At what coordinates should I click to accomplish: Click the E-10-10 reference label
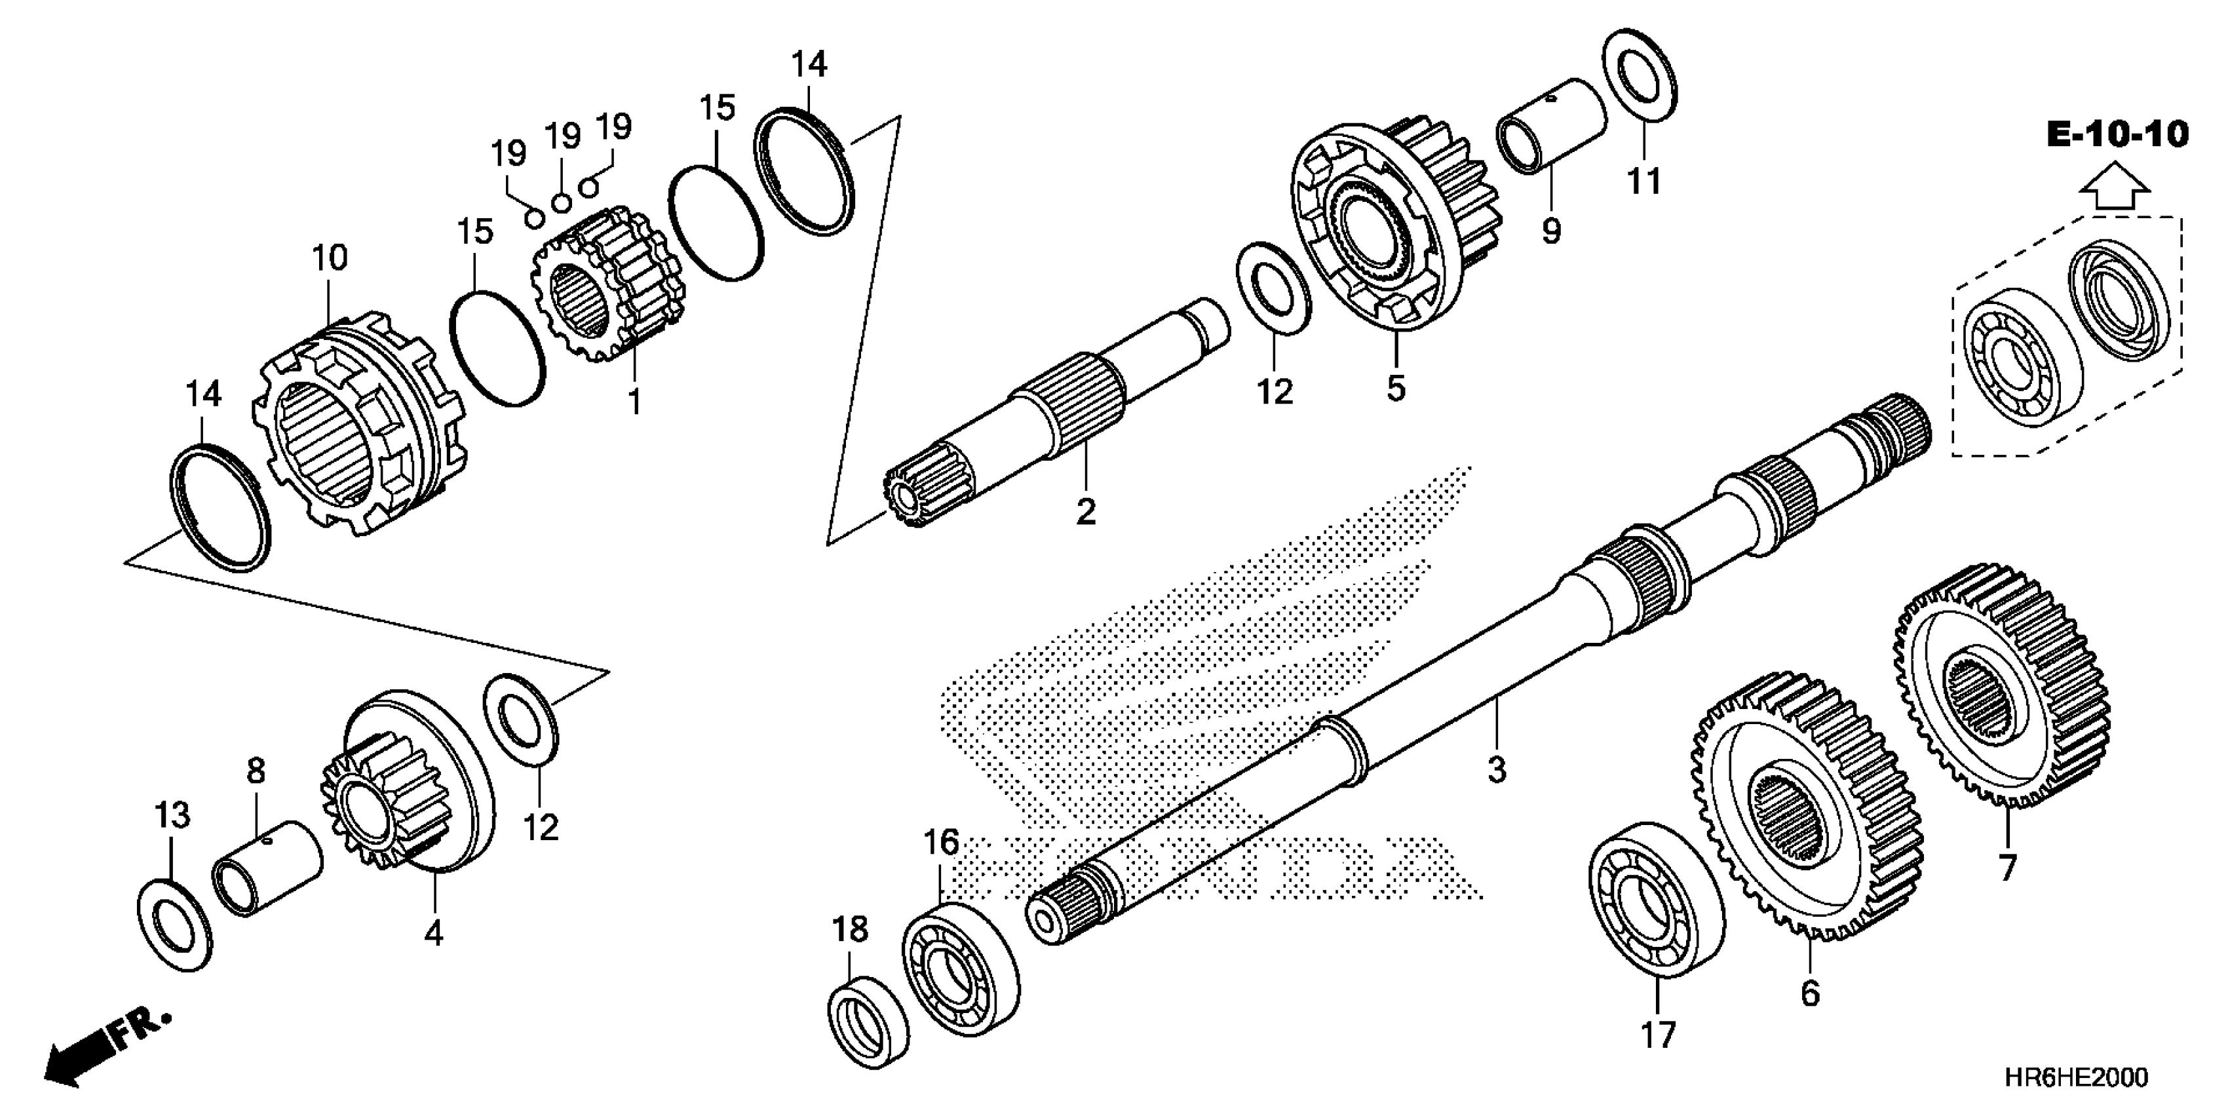click(x=2117, y=135)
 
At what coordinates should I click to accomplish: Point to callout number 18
click(x=849, y=930)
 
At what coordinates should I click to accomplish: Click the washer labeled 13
click(x=175, y=925)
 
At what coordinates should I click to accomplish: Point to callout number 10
click(x=330, y=257)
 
